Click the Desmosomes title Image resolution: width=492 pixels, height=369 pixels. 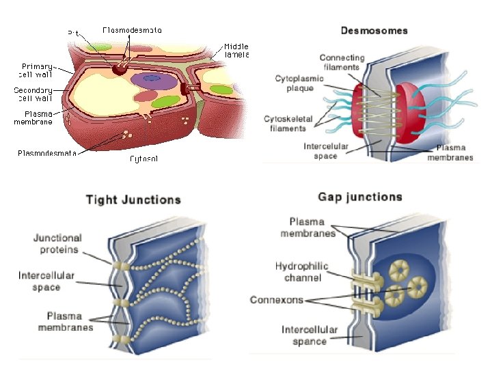point(374,30)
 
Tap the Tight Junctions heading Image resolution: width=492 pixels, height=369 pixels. point(133,200)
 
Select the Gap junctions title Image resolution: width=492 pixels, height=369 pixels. point(360,197)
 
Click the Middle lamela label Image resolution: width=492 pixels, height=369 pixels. point(236,51)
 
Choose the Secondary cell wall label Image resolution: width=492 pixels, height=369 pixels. point(33,94)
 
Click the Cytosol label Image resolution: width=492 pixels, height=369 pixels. point(144,159)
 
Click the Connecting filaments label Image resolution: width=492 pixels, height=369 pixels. point(342,62)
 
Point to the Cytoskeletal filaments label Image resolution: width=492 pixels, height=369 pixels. point(289,124)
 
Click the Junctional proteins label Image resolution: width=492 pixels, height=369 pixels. point(57,244)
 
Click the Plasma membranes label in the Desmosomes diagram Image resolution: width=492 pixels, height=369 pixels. point(450,152)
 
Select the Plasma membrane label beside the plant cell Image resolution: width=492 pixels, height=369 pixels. point(33,118)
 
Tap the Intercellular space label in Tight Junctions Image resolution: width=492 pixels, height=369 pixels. point(46,282)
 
